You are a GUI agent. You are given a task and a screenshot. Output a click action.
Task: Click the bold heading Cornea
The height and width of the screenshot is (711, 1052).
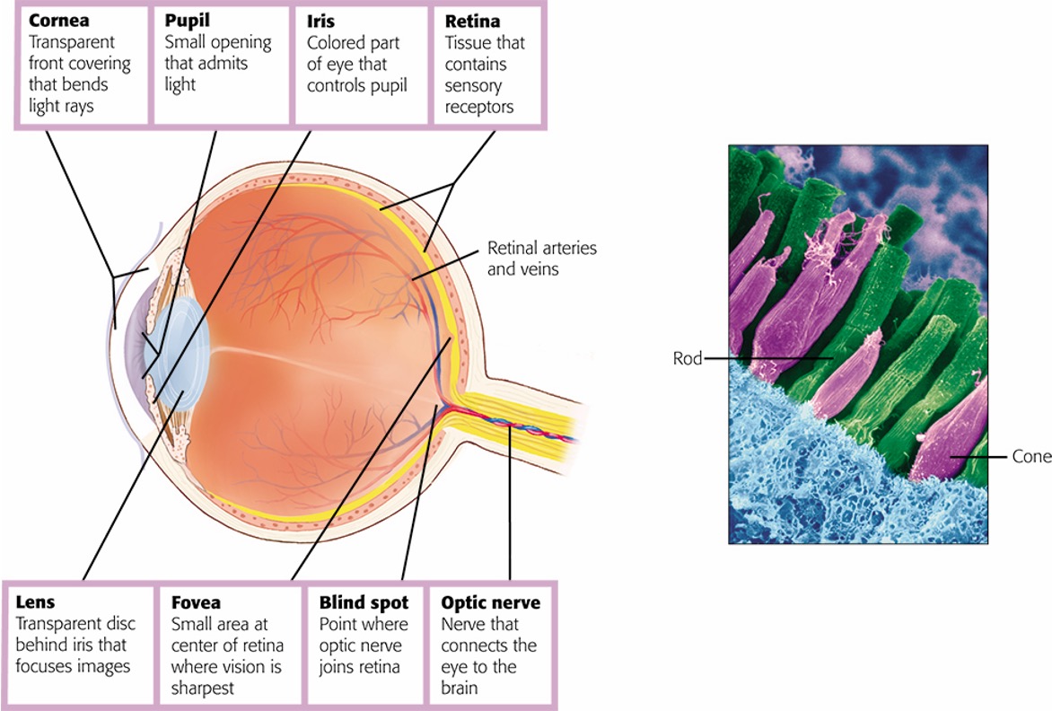tap(59, 20)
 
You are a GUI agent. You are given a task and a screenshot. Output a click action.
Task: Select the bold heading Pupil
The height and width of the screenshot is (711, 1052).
tap(187, 21)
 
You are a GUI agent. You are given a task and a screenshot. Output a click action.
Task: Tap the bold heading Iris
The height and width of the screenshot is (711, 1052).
tap(320, 21)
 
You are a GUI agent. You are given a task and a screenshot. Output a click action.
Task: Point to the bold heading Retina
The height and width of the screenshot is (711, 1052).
tap(471, 21)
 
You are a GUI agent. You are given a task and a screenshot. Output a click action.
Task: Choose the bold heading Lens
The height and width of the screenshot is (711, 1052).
tap(35, 601)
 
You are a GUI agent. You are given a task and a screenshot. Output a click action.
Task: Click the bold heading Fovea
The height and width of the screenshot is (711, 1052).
tap(196, 602)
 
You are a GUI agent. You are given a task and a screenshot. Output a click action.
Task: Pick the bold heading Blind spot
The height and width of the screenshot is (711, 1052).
tap(364, 602)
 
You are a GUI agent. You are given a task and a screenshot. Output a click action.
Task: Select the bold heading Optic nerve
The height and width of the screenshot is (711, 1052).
tap(490, 602)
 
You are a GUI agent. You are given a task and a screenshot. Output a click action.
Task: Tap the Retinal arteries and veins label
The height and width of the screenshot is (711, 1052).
tap(541, 259)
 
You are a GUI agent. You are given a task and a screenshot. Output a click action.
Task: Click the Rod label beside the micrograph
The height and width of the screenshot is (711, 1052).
tap(687, 358)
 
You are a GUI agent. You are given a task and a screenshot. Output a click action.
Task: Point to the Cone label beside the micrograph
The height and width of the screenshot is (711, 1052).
tap(1031, 456)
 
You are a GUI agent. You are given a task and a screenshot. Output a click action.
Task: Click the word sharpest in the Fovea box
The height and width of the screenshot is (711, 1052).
tap(202, 689)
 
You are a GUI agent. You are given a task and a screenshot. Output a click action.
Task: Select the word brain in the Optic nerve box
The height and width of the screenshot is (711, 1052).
tap(459, 688)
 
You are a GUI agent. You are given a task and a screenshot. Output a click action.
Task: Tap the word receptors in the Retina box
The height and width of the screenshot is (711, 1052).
tap(479, 108)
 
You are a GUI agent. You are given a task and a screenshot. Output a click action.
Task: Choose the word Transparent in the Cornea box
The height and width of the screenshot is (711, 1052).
tap(72, 42)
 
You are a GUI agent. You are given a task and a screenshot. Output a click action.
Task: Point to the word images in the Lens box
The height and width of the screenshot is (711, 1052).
tap(101, 667)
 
